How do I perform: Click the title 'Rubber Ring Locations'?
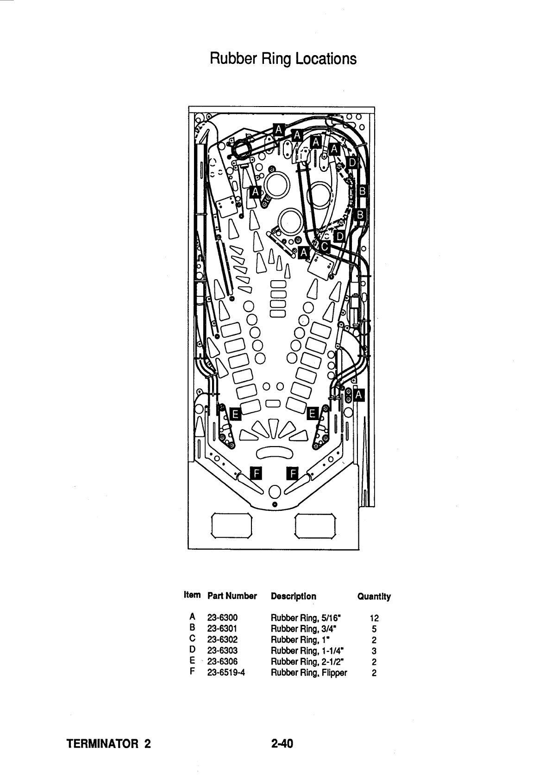(x=283, y=58)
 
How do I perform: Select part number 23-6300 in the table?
(x=222, y=617)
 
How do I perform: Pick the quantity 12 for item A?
(x=374, y=618)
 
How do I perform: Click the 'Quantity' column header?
(x=374, y=597)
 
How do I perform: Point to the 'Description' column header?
(x=294, y=596)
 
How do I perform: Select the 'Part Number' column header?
(x=232, y=596)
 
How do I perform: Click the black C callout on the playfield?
(x=325, y=246)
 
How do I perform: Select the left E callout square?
(x=235, y=414)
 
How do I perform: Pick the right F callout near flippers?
(x=292, y=473)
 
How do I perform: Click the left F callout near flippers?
(x=256, y=473)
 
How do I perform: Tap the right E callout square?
(x=312, y=413)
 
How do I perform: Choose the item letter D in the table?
(x=192, y=650)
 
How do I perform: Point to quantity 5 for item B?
(x=374, y=629)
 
